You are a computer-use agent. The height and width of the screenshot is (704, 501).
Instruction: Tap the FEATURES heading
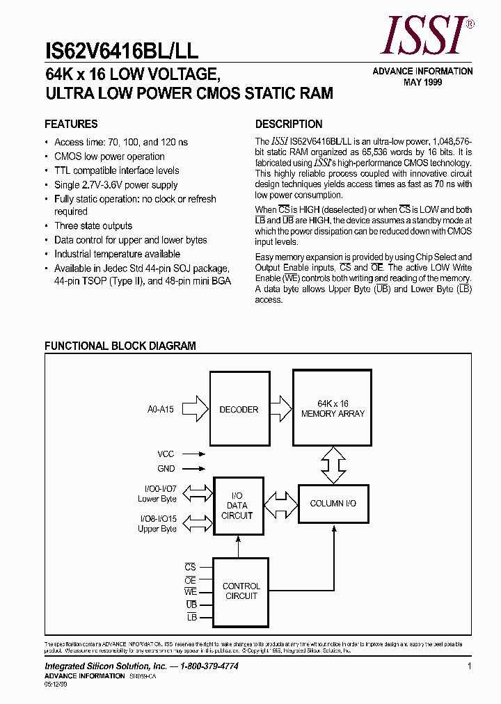(71, 125)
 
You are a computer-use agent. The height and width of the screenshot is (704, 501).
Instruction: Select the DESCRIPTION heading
(289, 125)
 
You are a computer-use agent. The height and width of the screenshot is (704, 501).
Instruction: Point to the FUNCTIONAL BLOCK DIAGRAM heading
(120, 346)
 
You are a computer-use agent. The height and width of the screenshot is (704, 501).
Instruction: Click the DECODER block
(239, 409)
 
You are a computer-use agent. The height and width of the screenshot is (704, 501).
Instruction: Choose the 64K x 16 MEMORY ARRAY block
(333, 408)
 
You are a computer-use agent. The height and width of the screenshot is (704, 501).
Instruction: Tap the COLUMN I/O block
(333, 503)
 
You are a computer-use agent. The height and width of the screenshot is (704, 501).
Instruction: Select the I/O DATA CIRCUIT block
(238, 506)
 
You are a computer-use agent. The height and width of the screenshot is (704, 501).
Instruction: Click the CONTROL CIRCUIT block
(241, 591)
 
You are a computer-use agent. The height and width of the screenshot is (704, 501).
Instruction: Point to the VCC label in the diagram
(166, 454)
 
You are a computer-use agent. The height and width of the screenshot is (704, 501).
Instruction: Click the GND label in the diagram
(166, 469)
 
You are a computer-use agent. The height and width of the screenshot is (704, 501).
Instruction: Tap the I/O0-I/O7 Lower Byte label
(157, 494)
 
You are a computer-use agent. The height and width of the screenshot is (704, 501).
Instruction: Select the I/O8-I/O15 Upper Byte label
(157, 524)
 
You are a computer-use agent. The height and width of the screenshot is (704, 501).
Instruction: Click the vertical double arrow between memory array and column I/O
(333, 463)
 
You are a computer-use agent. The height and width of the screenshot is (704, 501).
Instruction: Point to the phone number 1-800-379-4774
(200, 666)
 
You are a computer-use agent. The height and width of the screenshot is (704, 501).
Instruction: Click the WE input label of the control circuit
(191, 592)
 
